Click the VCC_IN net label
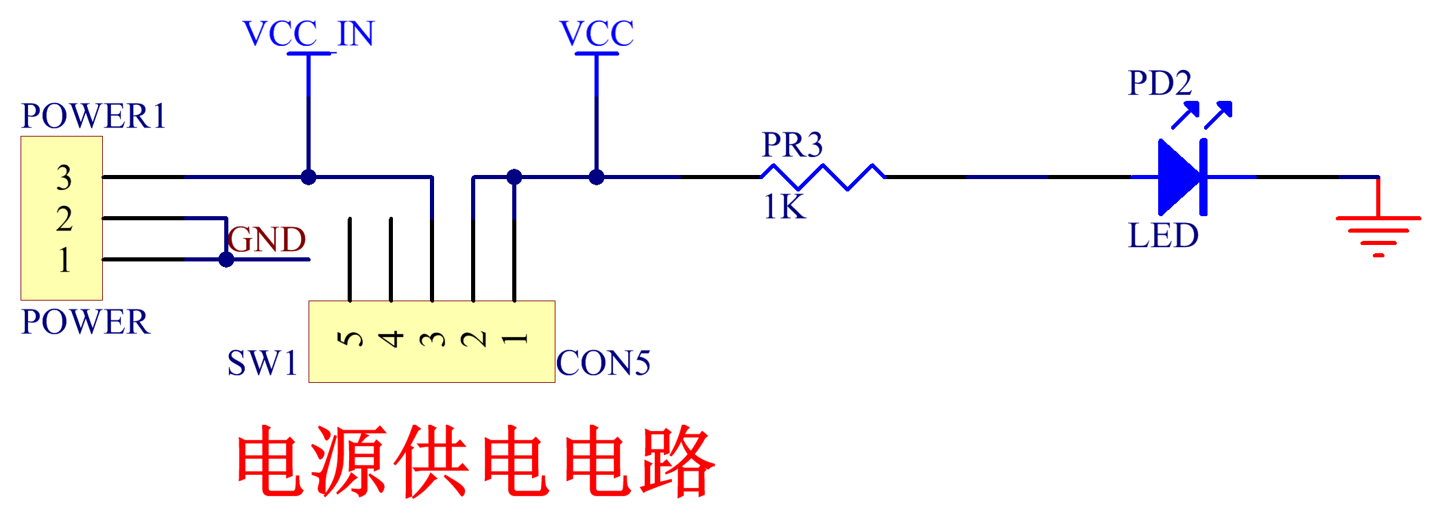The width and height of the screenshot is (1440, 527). [309, 34]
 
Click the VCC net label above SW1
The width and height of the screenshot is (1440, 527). [597, 34]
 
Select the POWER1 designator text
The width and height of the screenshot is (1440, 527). [93, 116]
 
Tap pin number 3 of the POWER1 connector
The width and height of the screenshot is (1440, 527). [64, 178]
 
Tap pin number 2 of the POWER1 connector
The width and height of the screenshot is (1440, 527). [64, 219]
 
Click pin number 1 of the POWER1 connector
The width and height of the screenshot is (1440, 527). [64, 260]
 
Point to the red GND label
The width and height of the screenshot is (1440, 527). [267, 240]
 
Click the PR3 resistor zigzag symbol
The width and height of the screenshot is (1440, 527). [823, 177]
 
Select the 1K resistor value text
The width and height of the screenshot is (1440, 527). [785, 207]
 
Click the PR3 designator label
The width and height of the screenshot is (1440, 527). [792, 145]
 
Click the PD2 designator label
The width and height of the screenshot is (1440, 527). [1160, 84]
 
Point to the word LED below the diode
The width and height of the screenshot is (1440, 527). [1164, 236]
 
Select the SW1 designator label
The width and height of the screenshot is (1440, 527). [263, 364]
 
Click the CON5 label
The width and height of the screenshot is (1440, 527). [603, 364]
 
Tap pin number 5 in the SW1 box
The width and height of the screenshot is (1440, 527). [350, 338]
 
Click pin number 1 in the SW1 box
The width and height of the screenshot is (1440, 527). [515, 338]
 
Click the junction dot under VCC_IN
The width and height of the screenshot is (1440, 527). [309, 177]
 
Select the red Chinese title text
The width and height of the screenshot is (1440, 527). [476, 461]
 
